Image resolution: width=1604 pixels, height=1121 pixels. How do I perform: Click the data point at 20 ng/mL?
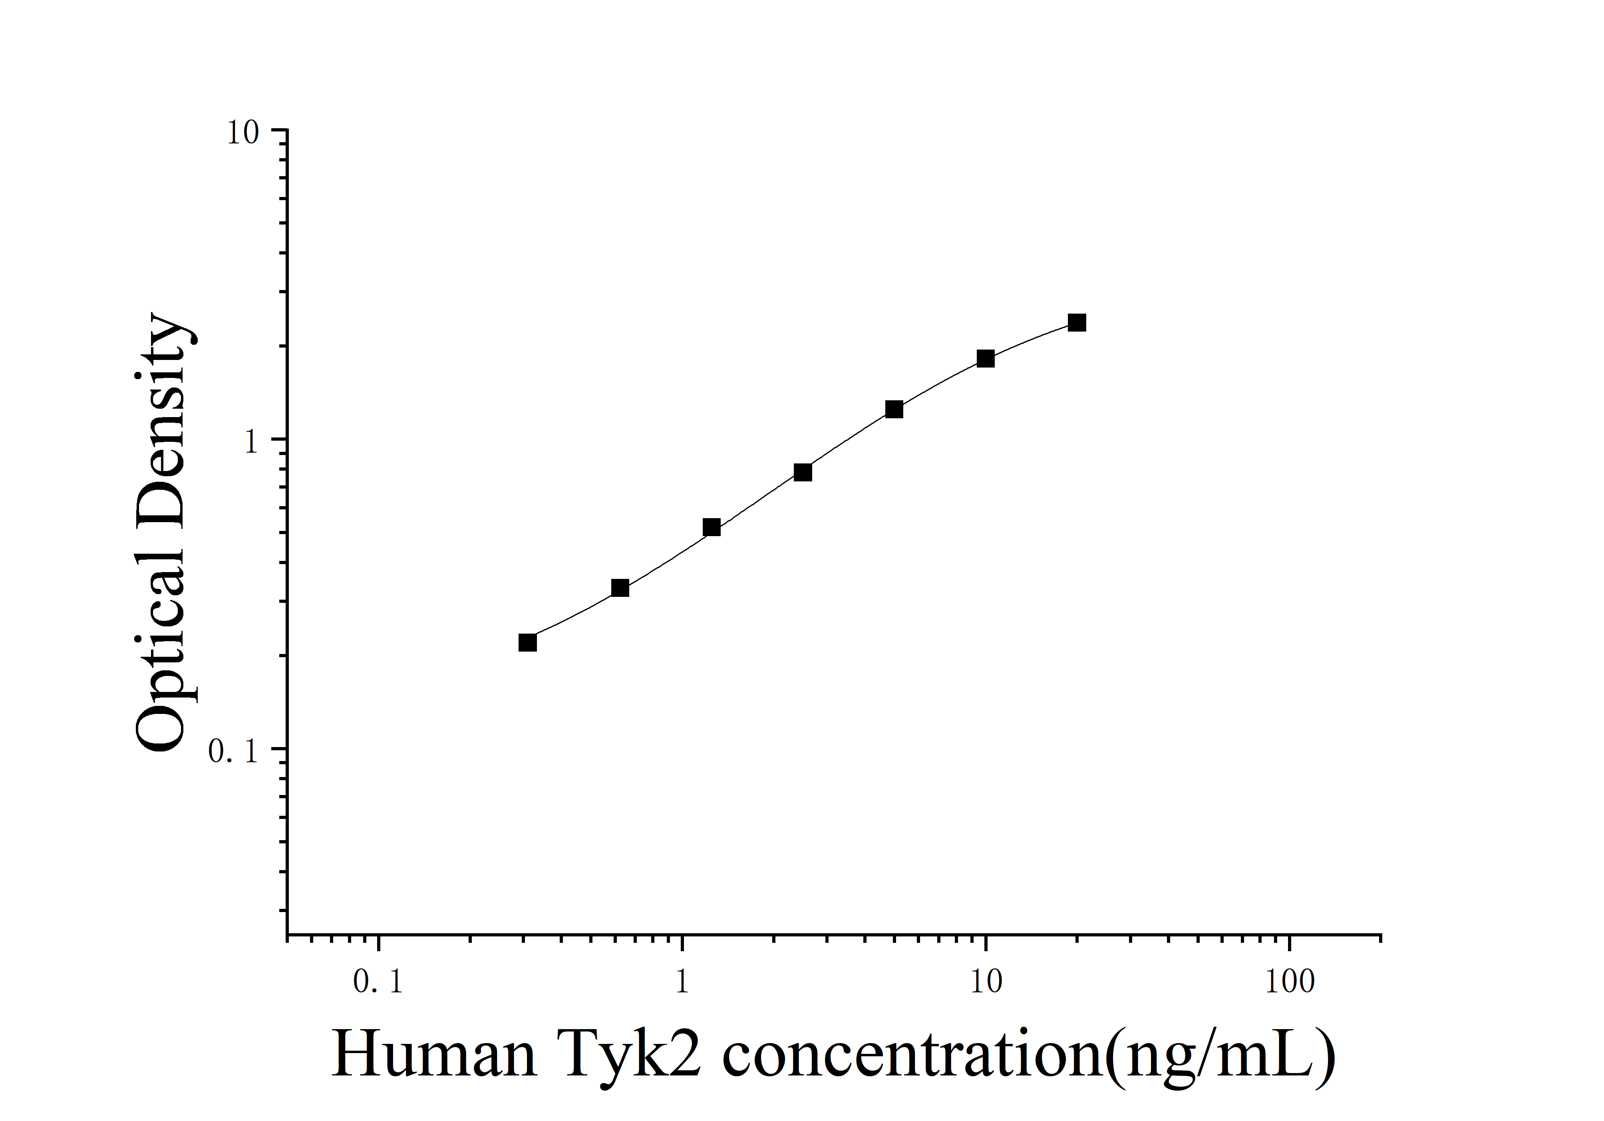pos(1077,323)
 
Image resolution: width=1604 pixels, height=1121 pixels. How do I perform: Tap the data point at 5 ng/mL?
pos(894,409)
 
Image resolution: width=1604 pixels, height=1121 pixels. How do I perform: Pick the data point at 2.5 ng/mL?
pos(803,473)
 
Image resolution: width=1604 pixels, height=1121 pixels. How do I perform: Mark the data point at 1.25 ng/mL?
pos(711,527)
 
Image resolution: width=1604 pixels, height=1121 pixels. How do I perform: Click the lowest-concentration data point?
pos(527,642)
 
